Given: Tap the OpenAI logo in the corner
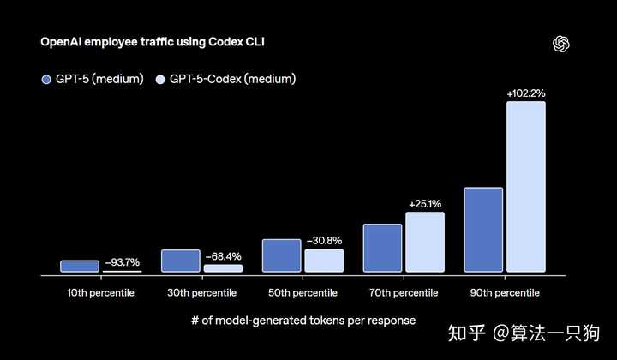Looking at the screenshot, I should click(562, 45).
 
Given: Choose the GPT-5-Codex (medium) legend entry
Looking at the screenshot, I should click(226, 80).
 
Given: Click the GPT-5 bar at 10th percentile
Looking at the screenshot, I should click(80, 267).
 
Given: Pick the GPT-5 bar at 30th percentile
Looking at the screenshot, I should click(180, 261).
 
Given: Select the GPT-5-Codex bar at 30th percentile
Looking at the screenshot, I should click(223, 268).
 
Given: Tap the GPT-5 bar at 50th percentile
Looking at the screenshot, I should click(281, 256).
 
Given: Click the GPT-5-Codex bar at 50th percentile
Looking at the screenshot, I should click(324, 261).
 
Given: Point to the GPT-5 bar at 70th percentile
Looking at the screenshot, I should click(382, 249).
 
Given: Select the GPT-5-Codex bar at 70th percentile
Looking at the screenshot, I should click(425, 243).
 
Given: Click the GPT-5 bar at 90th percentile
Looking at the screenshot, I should click(483, 230).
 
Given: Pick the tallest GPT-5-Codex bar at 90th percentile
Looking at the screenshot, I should click(526, 188).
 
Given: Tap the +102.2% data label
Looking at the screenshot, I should click(526, 93).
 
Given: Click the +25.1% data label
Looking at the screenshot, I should click(425, 204).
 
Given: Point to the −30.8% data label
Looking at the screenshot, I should click(324, 241).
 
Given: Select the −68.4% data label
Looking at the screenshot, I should click(223, 256).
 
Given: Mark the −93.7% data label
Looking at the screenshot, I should click(122, 262).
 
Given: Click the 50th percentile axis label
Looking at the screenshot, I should click(303, 293).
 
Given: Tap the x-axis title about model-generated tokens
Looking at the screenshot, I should click(303, 321).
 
